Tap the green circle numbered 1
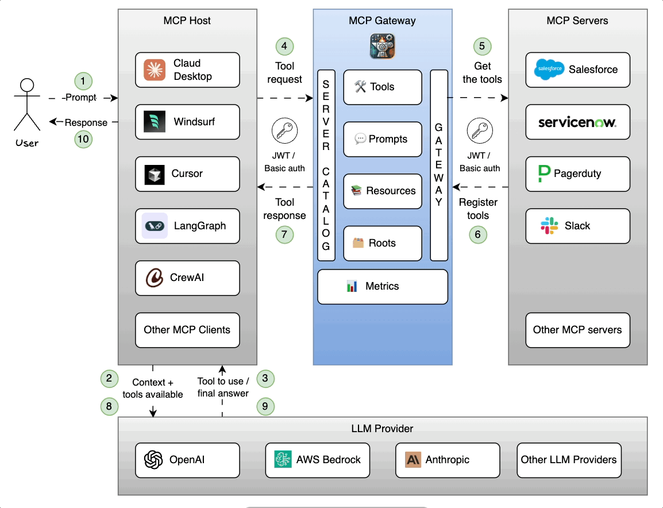pos(84,80)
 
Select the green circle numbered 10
pos(84,139)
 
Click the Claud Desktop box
pos(187,70)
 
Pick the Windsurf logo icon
pos(154,122)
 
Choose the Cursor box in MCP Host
pos(187,174)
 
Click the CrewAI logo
pos(154,278)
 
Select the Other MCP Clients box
pos(187,330)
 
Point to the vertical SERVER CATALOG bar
pos(326,166)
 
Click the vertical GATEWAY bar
pos(439,166)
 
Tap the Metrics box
pos(383,287)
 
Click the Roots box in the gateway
pos(383,243)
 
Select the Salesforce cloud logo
pos(548,70)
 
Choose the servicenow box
pos(577,122)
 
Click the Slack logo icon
pos(549,226)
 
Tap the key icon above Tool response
pos(284,132)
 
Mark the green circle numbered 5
pos(482,46)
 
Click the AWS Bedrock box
pos(318,460)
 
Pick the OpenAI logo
pos(153,460)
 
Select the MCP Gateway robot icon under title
pos(382,46)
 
